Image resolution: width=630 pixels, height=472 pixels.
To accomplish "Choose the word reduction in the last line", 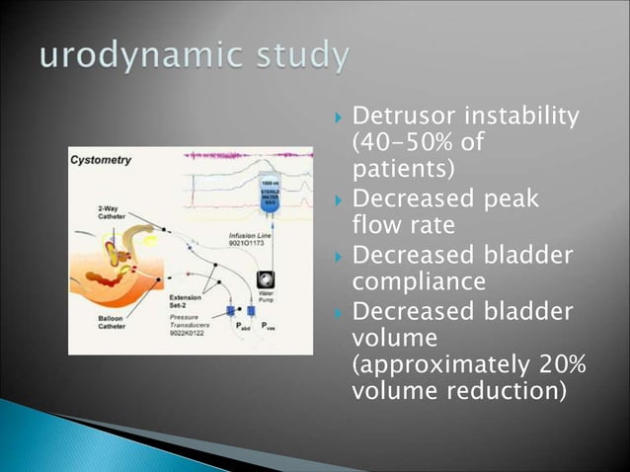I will pyautogui.click(x=503, y=391).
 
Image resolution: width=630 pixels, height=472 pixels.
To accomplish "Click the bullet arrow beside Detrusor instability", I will pyautogui.click(x=335, y=120).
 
